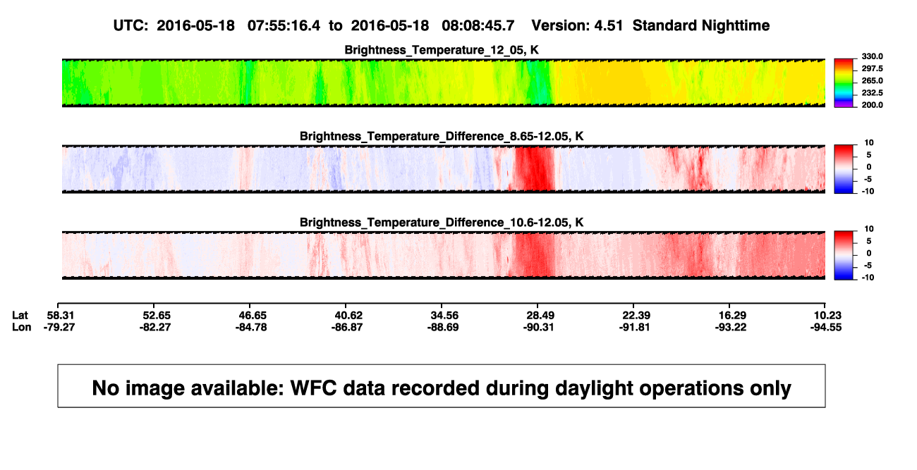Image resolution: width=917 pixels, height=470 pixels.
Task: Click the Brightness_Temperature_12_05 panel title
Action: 442,50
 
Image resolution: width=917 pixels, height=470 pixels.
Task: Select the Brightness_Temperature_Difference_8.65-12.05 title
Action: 442,136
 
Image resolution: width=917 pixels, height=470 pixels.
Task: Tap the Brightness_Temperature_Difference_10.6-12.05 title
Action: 442,223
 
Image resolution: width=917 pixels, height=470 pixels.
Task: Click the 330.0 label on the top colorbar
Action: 872,56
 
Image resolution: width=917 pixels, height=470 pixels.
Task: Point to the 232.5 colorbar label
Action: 872,93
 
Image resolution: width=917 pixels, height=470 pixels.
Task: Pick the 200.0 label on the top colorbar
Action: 872,105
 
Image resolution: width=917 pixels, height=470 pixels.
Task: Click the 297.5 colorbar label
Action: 872,69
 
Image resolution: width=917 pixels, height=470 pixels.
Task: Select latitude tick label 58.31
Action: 60,316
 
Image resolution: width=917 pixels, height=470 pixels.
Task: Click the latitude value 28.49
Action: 540,316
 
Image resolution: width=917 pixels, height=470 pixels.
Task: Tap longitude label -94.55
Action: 826,327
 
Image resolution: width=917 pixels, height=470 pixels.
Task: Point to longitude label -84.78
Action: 251,327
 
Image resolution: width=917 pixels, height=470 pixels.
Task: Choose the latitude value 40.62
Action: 348,316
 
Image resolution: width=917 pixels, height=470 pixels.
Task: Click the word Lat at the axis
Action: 20,316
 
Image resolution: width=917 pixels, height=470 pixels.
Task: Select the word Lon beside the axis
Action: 22,327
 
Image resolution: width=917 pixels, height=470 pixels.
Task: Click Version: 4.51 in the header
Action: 577,25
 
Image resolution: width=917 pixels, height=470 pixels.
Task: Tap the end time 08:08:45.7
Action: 478,25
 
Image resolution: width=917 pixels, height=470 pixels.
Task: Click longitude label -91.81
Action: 635,327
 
